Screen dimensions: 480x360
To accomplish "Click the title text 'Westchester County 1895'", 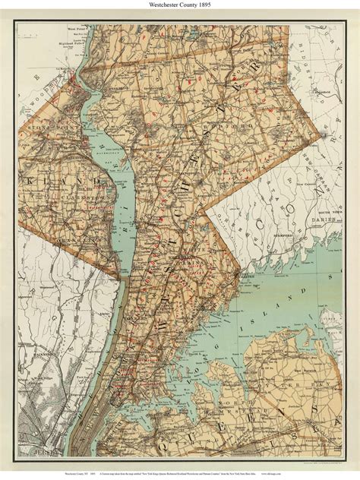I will pyautogui.click(x=180, y=6).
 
